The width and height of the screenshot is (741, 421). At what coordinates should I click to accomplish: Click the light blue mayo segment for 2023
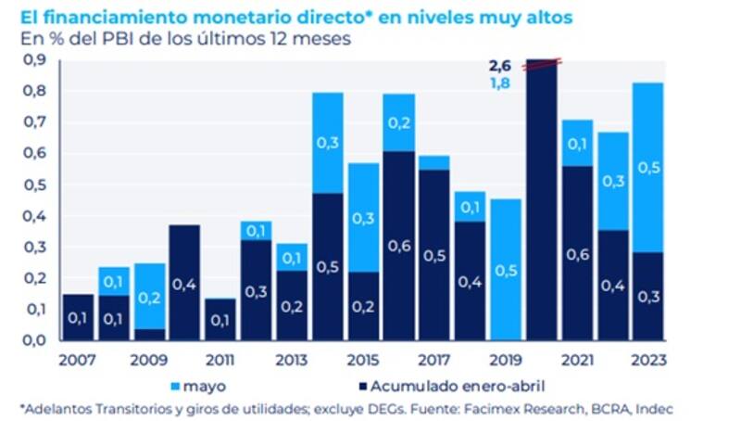(x=648, y=167)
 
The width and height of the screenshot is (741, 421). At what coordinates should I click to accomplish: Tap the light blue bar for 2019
(x=506, y=269)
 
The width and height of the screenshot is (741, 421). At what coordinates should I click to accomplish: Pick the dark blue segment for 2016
(x=399, y=246)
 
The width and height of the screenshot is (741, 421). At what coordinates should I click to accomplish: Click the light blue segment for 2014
(x=328, y=143)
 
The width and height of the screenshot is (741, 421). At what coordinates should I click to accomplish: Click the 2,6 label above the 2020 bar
(x=501, y=66)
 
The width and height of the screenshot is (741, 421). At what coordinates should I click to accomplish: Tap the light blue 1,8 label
(x=501, y=83)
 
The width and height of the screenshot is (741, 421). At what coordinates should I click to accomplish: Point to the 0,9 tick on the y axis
(x=34, y=60)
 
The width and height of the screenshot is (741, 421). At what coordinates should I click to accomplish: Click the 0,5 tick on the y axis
(x=34, y=185)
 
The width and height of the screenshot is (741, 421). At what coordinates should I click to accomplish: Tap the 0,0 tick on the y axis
(x=34, y=340)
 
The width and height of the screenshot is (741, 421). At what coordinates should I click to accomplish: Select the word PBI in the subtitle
(x=122, y=39)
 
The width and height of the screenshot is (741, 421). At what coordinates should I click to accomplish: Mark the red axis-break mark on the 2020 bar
(x=543, y=63)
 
